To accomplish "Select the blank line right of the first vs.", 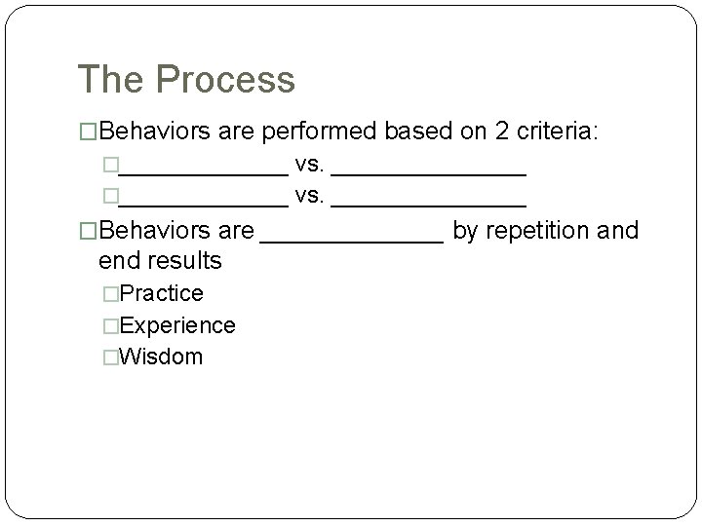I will pyautogui.click(x=429, y=173).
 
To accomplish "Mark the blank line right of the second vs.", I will pyautogui.click(x=429, y=204).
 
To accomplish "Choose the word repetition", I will pyautogui.click(x=542, y=231).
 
